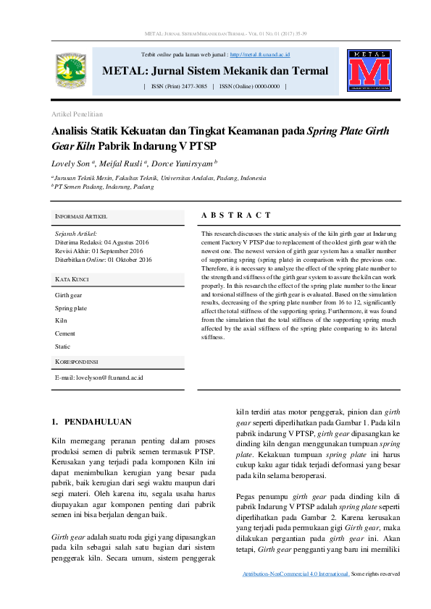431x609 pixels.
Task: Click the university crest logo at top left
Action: pos(70,69)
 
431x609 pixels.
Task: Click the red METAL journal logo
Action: pos(368,71)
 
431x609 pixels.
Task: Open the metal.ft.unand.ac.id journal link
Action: pos(260,54)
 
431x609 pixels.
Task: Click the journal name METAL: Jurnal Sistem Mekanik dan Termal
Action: pos(215,71)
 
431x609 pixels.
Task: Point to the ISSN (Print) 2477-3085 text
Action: pos(179,86)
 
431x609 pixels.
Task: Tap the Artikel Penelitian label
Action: pos(77,114)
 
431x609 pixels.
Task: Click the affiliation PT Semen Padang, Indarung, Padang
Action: pos(104,186)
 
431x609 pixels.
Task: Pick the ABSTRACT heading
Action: pos(235,215)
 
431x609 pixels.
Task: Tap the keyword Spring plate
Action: pos(71,308)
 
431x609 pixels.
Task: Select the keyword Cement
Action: pos(65,333)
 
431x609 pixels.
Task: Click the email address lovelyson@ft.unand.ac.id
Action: pos(99,378)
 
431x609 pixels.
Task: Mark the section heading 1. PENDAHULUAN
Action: pos(91,421)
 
